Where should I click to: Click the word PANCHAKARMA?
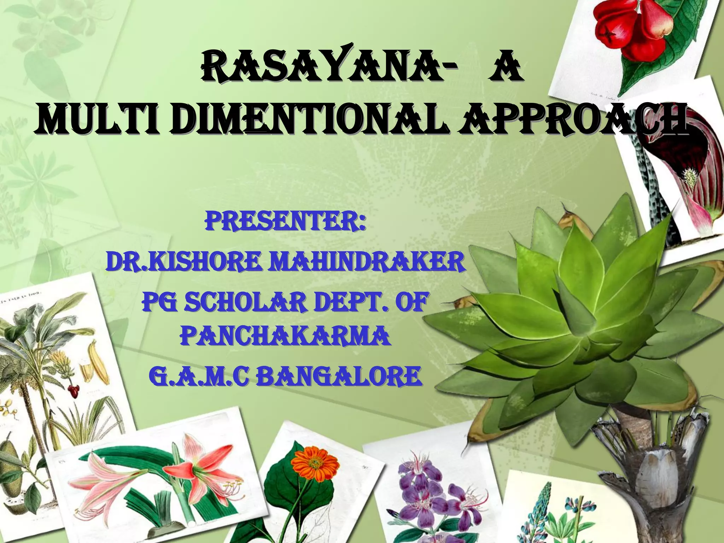coord(285,336)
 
